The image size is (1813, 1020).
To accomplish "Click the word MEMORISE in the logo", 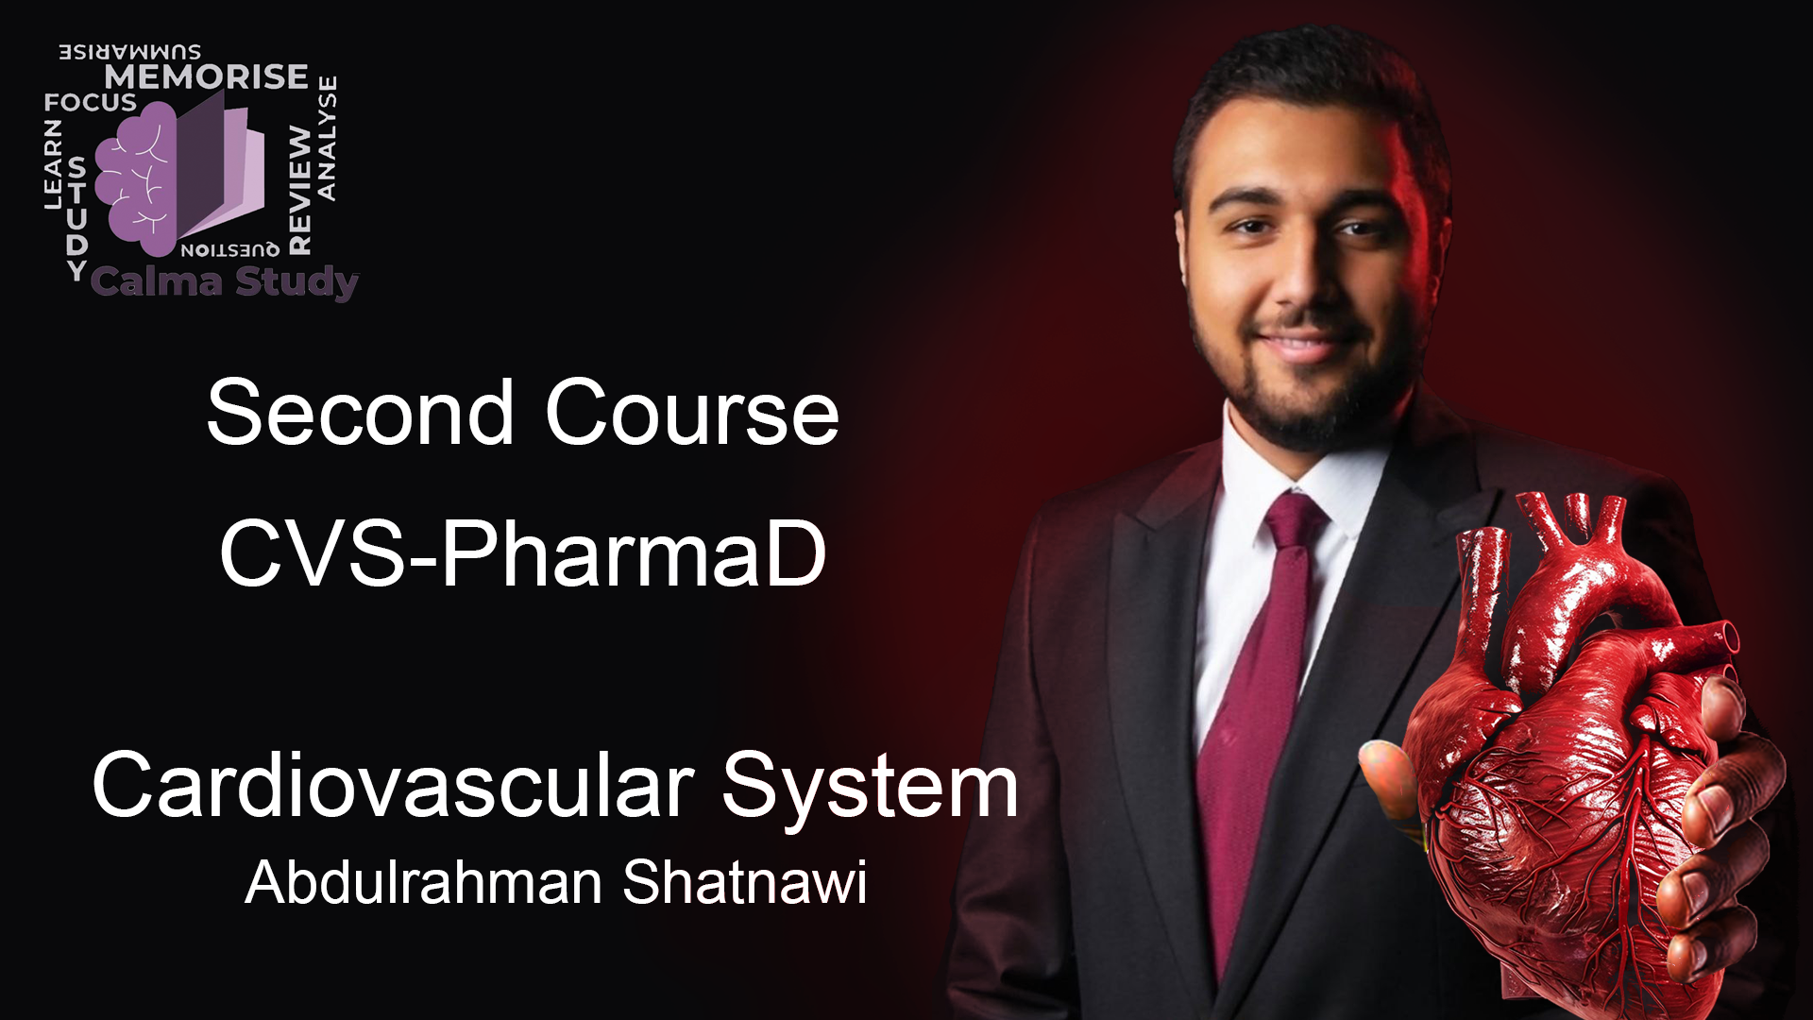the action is point(206,76).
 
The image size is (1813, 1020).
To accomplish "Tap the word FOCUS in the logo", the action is point(91,102).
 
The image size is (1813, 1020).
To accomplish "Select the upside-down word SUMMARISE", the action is point(130,52).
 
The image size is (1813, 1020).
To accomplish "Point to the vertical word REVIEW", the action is point(299,190).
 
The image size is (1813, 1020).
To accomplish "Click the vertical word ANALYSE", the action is point(327,138).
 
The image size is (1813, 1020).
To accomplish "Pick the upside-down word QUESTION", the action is point(229,249).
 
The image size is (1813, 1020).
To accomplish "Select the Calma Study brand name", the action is point(225,281).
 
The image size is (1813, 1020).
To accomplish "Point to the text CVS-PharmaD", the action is point(523,553).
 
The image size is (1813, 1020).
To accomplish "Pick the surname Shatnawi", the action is point(745,882).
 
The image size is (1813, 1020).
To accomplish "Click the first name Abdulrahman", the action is point(424,882).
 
